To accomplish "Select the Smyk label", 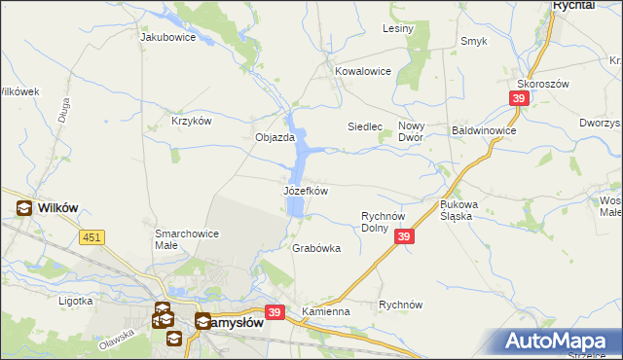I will [x=474, y=41].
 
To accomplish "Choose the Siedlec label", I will [x=366, y=126].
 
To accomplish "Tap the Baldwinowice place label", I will [x=484, y=129].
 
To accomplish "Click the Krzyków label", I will [x=192, y=121].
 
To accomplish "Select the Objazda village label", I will [x=275, y=137].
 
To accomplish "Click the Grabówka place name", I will [x=316, y=248].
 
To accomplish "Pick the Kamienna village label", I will [x=325, y=310].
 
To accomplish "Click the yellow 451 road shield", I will [x=92, y=236].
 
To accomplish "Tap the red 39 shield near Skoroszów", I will [x=519, y=98].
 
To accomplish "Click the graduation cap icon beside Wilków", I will [x=22, y=207].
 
